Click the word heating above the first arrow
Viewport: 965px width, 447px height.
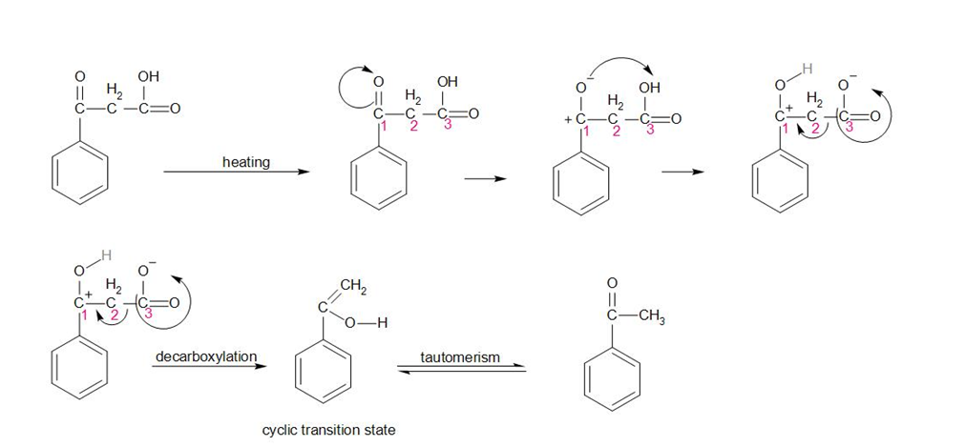point(245,162)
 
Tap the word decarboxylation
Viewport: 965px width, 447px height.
point(205,356)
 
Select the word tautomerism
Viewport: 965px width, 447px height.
point(459,356)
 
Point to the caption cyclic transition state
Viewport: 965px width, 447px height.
point(328,430)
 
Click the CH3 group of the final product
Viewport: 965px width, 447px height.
point(652,318)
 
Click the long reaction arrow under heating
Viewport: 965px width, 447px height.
point(237,173)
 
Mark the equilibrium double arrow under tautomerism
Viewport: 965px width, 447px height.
point(460,370)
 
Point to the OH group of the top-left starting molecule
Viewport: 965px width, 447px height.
point(149,76)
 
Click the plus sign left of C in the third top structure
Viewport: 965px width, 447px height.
point(569,120)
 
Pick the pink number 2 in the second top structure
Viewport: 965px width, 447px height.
point(412,129)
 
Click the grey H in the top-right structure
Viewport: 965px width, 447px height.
point(807,68)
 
